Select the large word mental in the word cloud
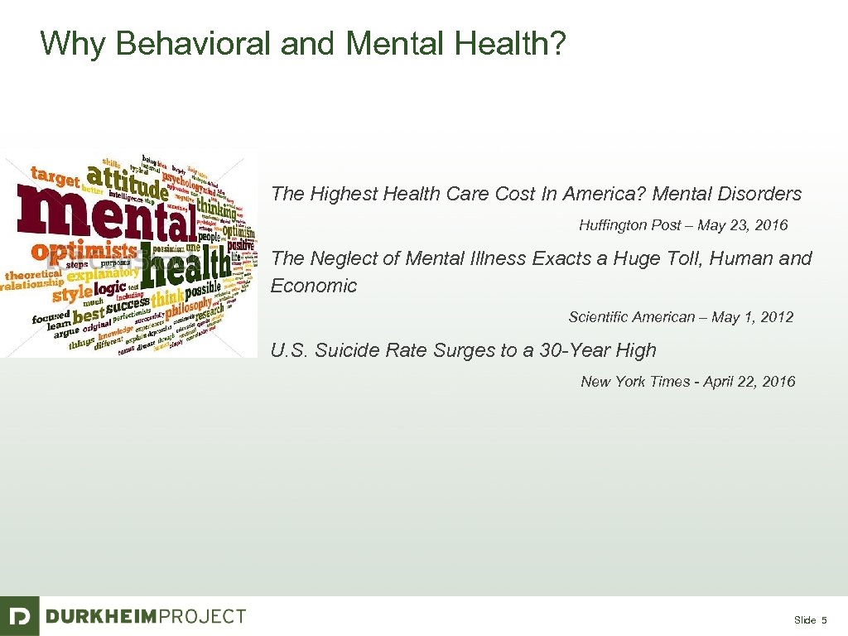pyautogui.click(x=111, y=216)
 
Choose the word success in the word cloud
pyautogui.click(x=128, y=307)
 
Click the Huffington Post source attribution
pyautogui.click(x=683, y=225)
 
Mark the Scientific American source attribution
pyautogui.click(x=681, y=317)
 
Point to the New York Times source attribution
pyautogui.click(x=687, y=382)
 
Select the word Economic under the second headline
pyautogui.click(x=314, y=287)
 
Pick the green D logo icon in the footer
pyautogui.click(x=19, y=616)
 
